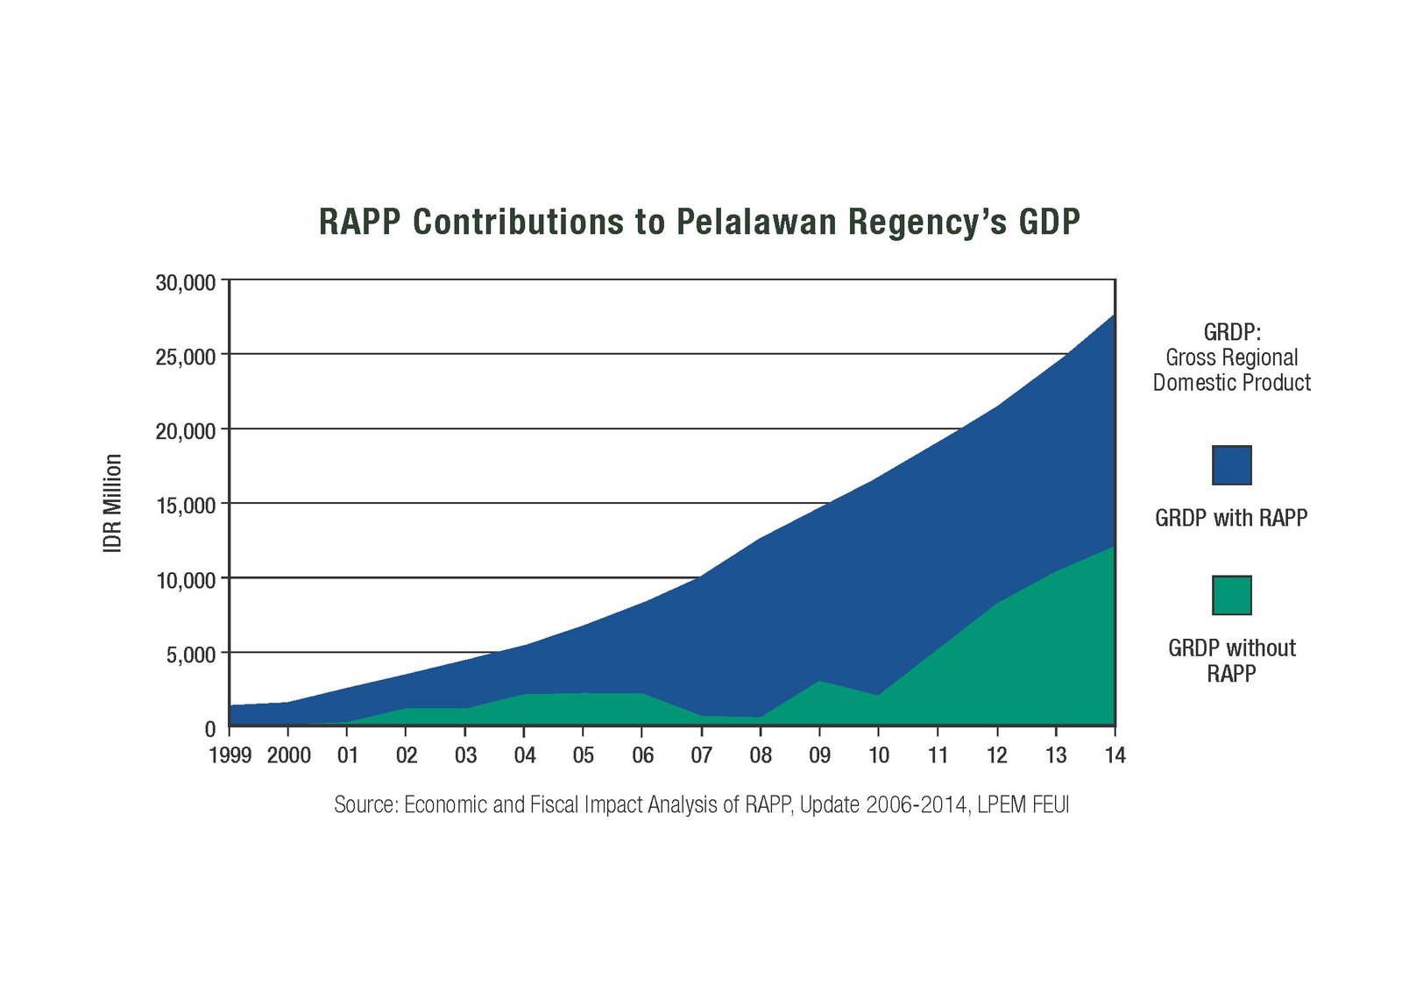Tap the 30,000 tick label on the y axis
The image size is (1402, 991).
click(186, 283)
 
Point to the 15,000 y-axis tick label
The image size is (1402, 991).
click(186, 506)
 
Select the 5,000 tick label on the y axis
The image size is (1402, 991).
click(191, 655)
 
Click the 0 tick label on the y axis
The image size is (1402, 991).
click(209, 729)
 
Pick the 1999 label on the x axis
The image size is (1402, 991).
click(230, 755)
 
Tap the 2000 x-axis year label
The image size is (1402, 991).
click(289, 755)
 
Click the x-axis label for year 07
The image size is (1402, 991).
click(701, 755)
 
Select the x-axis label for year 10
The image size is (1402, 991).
click(878, 755)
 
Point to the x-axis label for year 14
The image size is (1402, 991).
click(1115, 755)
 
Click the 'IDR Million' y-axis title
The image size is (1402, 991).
click(113, 503)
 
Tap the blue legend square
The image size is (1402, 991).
click(1231, 465)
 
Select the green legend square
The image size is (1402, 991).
click(1231, 596)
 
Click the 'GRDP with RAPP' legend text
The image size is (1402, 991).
click(1231, 518)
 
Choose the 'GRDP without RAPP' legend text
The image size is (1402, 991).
click(1231, 661)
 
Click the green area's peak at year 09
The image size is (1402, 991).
click(819, 682)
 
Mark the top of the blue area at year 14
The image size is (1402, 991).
click(1114, 315)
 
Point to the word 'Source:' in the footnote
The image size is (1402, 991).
click(365, 804)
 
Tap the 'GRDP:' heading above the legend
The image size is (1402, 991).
click(1231, 332)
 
